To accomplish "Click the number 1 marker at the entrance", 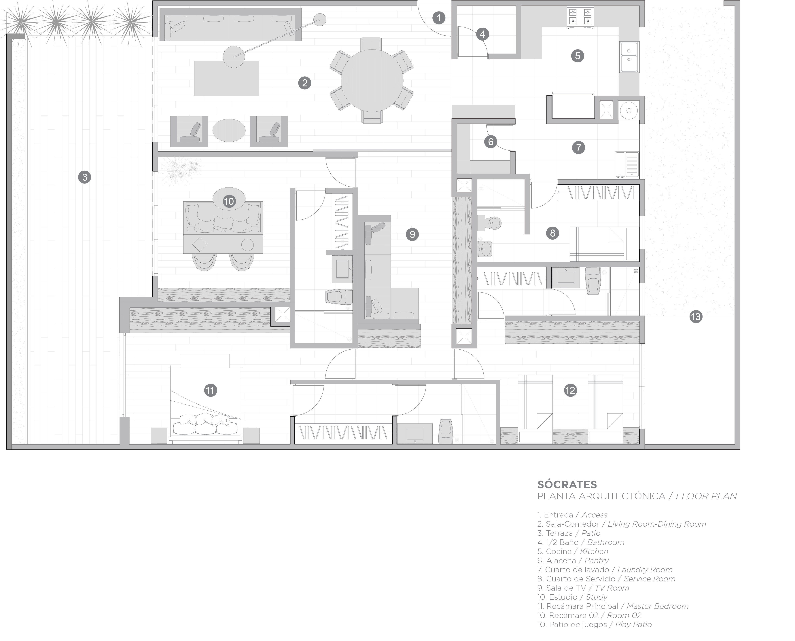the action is point(439,18).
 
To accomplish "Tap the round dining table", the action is point(372,80).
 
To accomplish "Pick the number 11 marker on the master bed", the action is point(211,390).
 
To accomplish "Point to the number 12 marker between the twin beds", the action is point(571,390).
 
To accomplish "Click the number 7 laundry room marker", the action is point(579,148).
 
